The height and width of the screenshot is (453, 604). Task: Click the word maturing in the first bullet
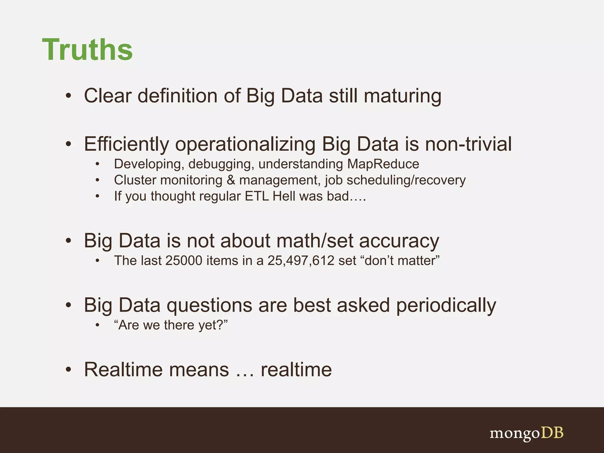coord(402,96)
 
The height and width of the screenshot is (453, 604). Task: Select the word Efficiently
coord(126,144)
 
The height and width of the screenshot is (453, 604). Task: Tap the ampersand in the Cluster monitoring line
coord(231,180)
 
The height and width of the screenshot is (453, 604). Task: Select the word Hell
coord(284,196)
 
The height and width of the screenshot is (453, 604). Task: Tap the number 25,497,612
coord(301,261)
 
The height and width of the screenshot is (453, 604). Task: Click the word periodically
coord(446,305)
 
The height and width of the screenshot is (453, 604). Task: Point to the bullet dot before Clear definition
coord(68,96)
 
